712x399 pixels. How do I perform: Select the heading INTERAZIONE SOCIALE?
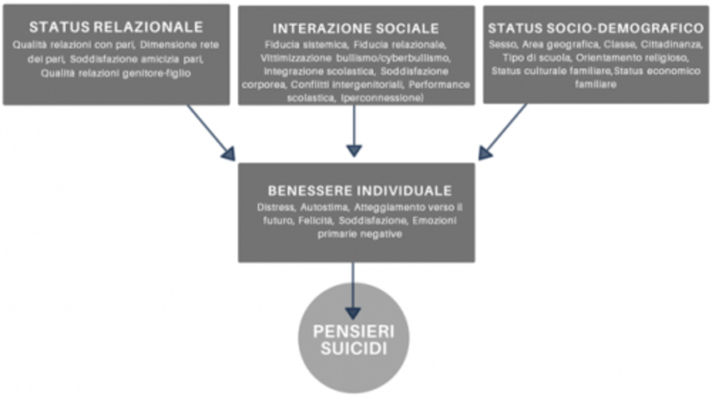point(356,28)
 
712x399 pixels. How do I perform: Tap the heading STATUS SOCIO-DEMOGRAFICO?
point(595,27)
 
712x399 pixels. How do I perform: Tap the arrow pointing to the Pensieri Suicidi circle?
point(353,287)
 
